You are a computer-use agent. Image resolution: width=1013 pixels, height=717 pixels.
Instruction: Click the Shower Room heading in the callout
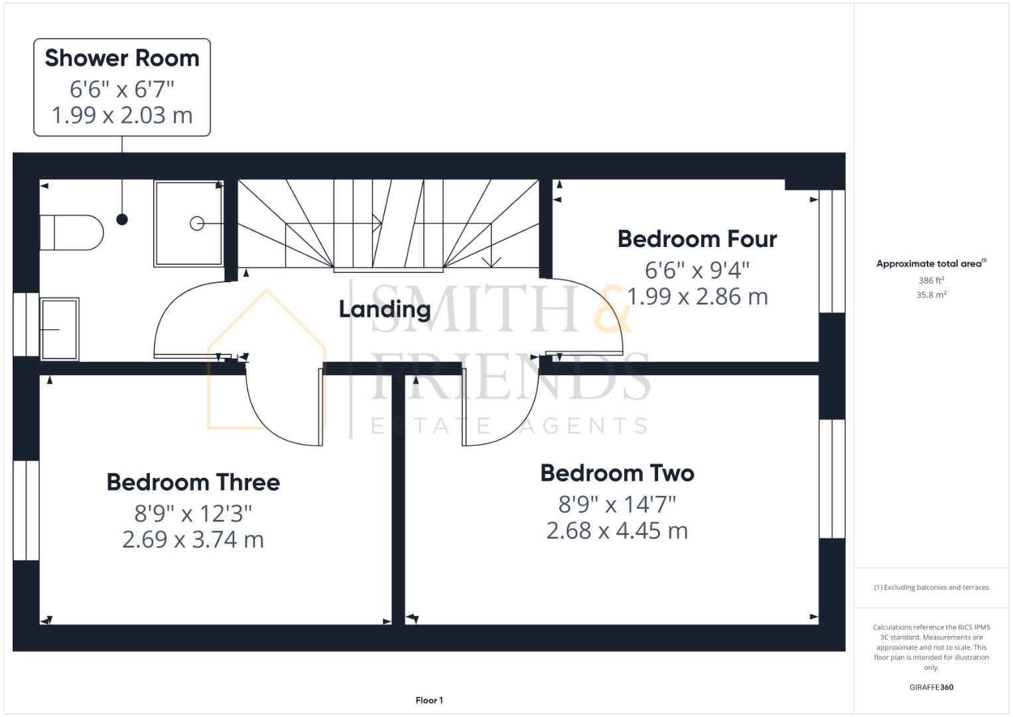[x=122, y=58]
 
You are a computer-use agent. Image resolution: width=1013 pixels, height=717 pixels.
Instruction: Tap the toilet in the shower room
[x=72, y=232]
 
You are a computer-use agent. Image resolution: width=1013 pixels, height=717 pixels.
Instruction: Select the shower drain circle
[x=197, y=224]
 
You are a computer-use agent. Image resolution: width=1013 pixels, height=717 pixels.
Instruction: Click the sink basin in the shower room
[x=60, y=329]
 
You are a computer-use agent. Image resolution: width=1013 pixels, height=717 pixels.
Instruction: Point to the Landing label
[x=385, y=309]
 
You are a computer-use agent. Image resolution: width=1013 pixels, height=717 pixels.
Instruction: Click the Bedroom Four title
[x=697, y=239]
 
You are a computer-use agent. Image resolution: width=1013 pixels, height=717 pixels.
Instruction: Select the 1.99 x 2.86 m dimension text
[x=697, y=297]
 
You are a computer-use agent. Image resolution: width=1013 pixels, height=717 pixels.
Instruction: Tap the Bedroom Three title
[x=193, y=483]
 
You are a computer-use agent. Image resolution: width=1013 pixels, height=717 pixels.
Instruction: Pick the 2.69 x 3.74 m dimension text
[x=193, y=540]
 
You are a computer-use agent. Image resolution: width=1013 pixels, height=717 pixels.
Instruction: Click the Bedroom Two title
[x=617, y=473]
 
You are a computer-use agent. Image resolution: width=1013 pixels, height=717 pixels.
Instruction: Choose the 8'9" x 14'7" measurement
[x=617, y=505]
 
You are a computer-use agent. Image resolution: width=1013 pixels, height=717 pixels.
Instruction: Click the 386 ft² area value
[x=931, y=281]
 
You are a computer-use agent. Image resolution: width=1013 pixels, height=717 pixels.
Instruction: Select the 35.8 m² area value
[x=931, y=295]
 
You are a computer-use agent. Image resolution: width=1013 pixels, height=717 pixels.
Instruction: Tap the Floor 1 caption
[x=429, y=700]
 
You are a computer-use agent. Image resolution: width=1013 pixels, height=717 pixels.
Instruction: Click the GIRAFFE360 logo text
[x=931, y=687]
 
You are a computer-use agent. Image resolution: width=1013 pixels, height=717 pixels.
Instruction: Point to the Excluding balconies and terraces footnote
[x=931, y=588]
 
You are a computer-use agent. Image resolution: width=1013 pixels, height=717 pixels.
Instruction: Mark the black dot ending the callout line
[x=122, y=220]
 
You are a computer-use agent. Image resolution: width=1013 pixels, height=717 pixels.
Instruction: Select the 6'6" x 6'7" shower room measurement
[x=122, y=88]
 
